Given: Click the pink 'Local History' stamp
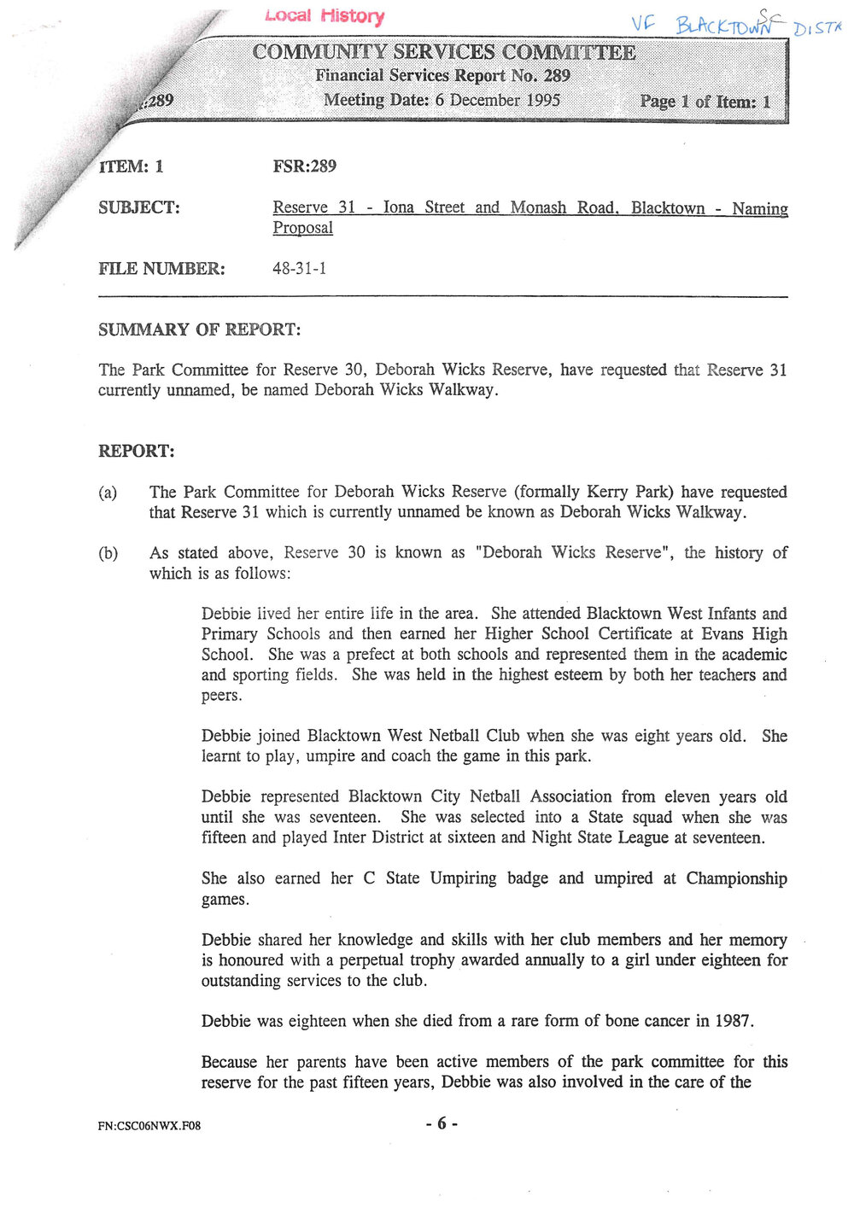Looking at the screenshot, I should [325, 15].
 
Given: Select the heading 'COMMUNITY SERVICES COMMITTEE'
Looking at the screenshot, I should [443, 52].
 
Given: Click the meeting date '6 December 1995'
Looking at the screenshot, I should [497, 100].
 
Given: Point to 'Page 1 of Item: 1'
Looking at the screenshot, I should [705, 102].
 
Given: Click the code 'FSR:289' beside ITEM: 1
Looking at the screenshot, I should [304, 166].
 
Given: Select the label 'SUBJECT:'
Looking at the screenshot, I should [139, 207].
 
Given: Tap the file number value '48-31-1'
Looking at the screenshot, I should [299, 268].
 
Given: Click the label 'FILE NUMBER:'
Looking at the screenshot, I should [161, 269].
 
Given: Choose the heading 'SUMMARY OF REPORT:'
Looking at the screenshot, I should [199, 329].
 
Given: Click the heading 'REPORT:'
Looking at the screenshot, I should [137, 451].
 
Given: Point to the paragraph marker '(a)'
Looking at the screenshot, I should [108, 493].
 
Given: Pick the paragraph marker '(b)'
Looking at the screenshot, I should [108, 553].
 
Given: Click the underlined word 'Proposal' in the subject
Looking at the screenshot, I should [302, 228].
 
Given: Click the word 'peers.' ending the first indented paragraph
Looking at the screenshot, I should [222, 696].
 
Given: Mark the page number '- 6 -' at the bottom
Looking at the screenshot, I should [442, 1123].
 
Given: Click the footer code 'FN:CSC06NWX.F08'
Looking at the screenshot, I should [149, 1126].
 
